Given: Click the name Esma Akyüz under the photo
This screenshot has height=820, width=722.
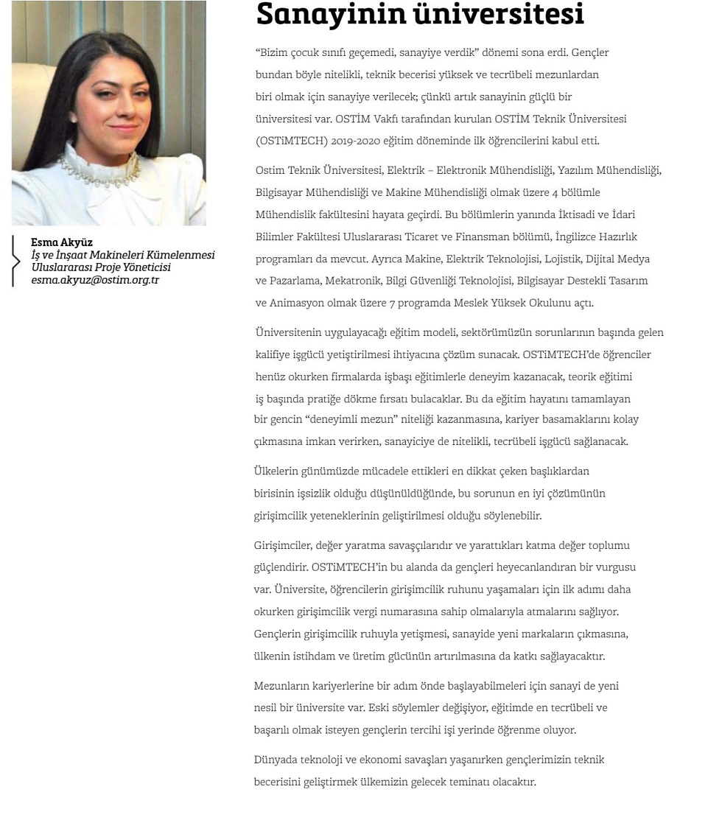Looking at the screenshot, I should click(x=62, y=242).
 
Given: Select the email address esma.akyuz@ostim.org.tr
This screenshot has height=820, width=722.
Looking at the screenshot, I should click(x=95, y=280).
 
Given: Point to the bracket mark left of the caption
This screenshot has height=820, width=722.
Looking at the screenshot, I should click(x=15, y=261).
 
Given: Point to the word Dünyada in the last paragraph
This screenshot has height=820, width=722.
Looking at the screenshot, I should click(x=274, y=760).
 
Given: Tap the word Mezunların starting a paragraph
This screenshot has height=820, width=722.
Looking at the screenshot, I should click(x=281, y=686).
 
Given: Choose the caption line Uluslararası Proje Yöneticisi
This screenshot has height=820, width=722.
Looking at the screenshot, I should click(x=101, y=267).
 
